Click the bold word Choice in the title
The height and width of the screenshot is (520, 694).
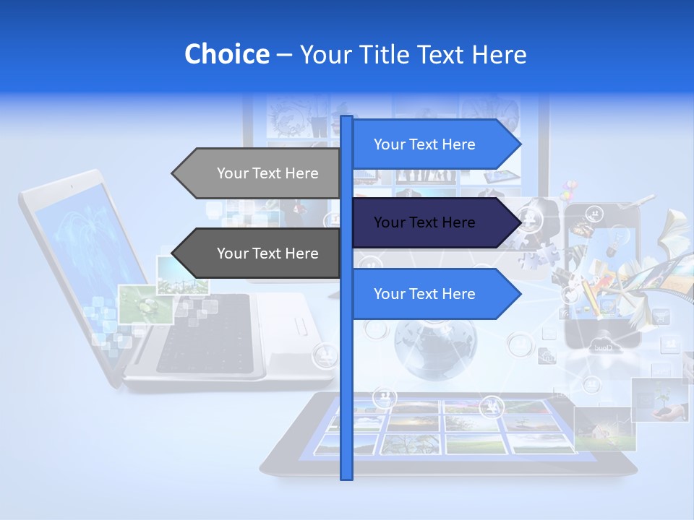point(226,54)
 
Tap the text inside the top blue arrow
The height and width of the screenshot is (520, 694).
point(424,144)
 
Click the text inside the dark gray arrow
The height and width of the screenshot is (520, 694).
point(267,253)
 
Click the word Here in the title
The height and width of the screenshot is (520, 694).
point(499,54)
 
